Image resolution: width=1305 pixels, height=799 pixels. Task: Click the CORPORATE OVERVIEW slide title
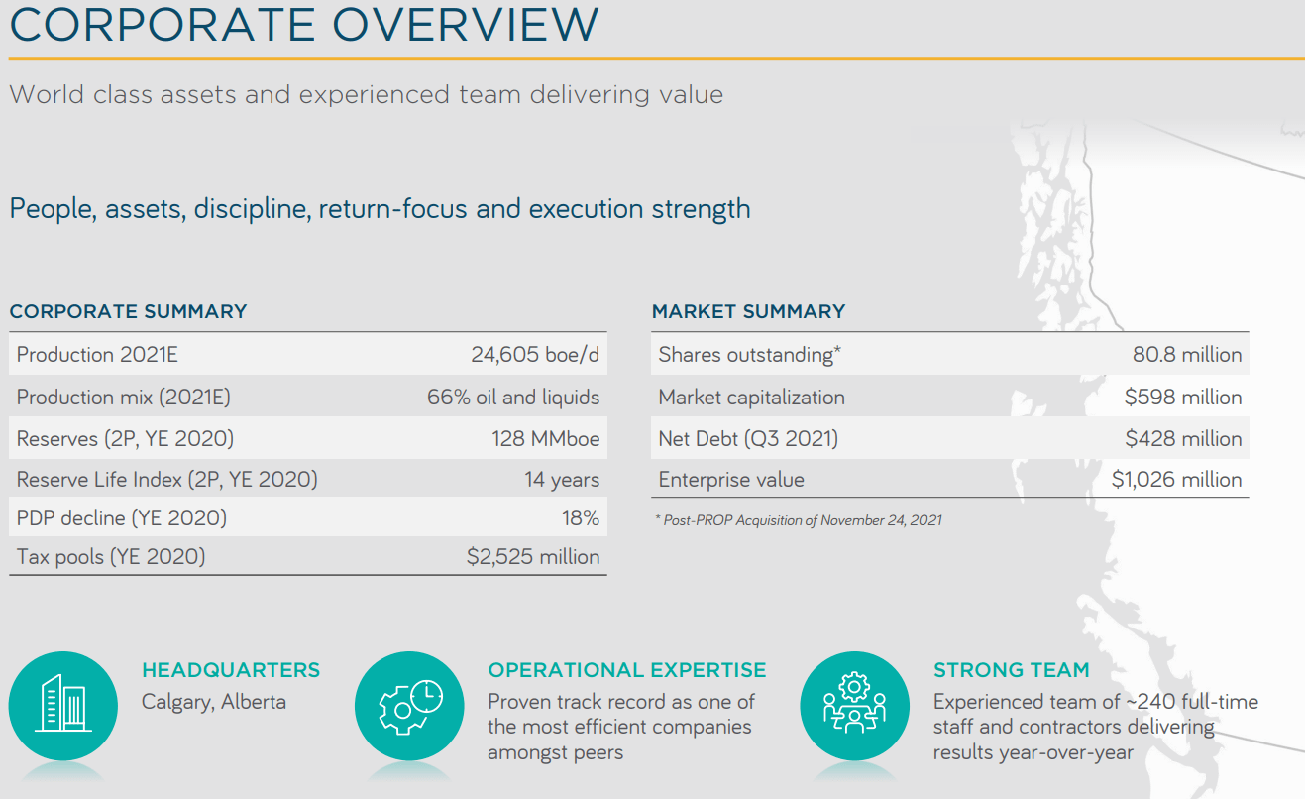tap(303, 24)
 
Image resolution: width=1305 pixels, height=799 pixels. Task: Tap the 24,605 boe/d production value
tap(535, 355)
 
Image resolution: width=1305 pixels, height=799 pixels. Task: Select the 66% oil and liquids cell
tap(513, 398)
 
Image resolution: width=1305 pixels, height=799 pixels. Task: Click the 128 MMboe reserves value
tap(545, 439)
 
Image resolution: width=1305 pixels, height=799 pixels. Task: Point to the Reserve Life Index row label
tap(166, 480)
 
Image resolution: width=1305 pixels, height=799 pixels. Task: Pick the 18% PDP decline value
tap(580, 518)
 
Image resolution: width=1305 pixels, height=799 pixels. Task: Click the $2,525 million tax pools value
tap(533, 557)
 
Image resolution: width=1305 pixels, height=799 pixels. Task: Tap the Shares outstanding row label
tap(749, 355)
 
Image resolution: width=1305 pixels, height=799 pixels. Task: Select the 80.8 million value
tap(1186, 355)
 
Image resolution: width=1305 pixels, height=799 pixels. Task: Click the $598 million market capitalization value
tap(1182, 398)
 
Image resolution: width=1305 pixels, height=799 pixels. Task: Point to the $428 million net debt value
tap(1182, 439)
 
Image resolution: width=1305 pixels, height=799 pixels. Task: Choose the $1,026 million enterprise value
tap(1176, 480)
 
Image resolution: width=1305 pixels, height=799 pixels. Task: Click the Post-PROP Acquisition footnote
tap(798, 520)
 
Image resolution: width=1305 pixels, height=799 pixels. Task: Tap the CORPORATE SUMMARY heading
tap(128, 311)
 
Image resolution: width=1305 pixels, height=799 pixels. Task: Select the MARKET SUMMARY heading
tap(748, 311)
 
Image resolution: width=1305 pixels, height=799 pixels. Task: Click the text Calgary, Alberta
tap(214, 702)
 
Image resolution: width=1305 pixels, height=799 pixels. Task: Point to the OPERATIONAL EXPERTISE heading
tap(626, 670)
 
